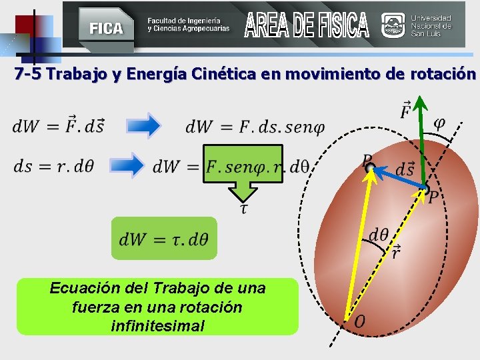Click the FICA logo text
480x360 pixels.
pos(107,28)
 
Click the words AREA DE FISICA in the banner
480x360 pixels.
pos(306,25)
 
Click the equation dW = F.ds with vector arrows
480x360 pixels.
pos(59,125)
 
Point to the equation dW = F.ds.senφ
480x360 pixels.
pos(254,125)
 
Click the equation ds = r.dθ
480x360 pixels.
pos(54,166)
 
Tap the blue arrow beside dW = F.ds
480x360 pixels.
pos(142,125)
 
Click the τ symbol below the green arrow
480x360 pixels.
pos(244,209)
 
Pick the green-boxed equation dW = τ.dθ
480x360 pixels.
pos(164,238)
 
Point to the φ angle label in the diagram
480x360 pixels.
pos(440,123)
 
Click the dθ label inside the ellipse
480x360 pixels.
pos(379,234)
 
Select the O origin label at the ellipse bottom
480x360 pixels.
pos(359,322)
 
